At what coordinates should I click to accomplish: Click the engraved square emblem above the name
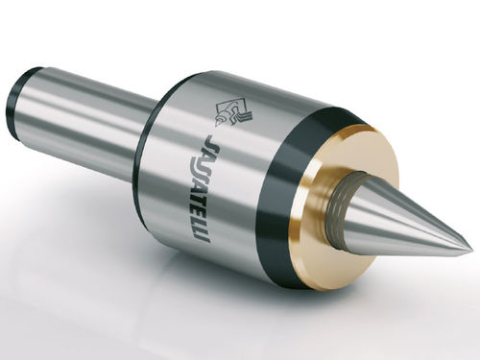pos(233,112)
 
